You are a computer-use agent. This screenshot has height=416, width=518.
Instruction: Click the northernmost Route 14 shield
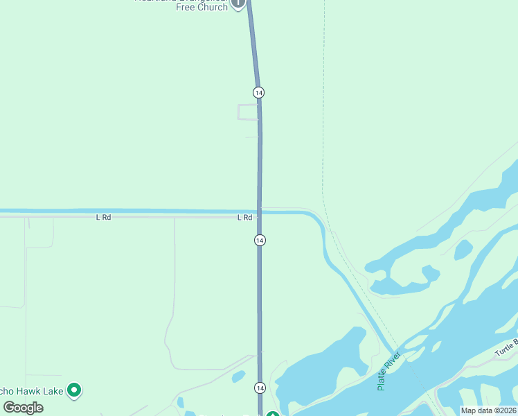[x=258, y=92]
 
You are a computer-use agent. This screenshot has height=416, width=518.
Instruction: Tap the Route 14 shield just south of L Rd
[x=259, y=240]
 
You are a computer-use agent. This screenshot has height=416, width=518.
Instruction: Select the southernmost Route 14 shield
[x=259, y=388]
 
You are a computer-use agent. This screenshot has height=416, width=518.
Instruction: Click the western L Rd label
[x=103, y=218]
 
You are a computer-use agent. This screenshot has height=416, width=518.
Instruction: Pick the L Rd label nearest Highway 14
[x=244, y=218]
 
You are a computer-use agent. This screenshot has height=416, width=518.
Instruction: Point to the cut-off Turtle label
[x=506, y=347]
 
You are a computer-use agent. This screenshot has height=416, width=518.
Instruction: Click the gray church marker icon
[x=238, y=3]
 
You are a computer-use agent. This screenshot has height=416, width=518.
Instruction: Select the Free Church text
[x=202, y=7]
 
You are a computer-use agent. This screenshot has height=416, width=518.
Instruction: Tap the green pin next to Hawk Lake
[x=74, y=391]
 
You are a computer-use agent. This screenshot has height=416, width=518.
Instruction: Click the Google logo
[x=24, y=408]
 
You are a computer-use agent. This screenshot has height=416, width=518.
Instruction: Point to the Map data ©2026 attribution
[x=488, y=410]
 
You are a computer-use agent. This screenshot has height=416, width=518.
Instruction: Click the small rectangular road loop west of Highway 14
[x=248, y=112]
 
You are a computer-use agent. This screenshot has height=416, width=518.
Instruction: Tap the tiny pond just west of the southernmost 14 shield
[x=238, y=376]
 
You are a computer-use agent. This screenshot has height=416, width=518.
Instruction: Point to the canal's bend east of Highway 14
[x=319, y=220]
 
